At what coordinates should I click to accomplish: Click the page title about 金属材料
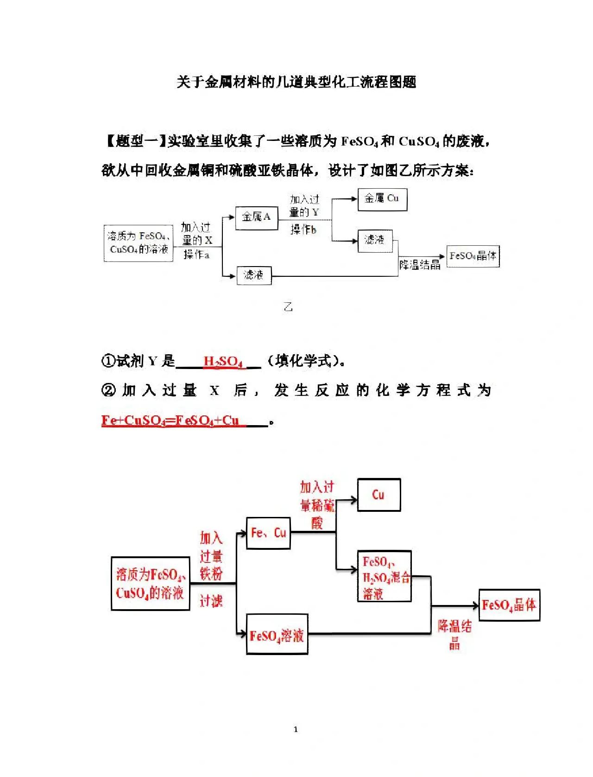[296, 83]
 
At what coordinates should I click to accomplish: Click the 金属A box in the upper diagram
[256, 217]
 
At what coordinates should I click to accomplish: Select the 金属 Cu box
[382, 199]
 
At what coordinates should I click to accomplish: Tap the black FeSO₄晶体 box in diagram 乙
[473, 256]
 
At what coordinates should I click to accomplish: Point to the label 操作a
[196, 255]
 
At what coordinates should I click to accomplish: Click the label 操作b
[303, 229]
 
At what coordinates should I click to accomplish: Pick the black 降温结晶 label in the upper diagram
[420, 265]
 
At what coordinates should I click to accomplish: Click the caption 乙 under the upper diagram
[288, 307]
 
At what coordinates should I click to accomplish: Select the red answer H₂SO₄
[223, 362]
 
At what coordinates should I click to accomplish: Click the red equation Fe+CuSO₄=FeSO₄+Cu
[170, 420]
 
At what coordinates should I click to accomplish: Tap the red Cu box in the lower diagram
[379, 495]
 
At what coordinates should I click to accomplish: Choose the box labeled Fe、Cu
[268, 533]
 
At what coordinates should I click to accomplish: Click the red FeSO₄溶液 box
[277, 635]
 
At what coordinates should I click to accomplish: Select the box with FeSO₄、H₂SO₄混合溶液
[384, 576]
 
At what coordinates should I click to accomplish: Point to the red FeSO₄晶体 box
[509, 605]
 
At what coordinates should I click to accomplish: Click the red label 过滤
[211, 601]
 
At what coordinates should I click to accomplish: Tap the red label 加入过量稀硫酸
[317, 505]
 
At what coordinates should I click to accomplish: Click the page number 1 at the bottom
[296, 729]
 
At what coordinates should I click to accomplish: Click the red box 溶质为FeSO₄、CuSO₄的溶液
[150, 584]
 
